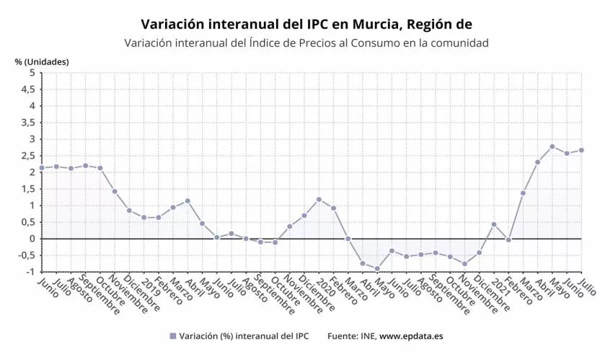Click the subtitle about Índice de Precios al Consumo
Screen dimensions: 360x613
click(x=306, y=43)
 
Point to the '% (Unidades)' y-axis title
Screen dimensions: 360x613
click(x=42, y=61)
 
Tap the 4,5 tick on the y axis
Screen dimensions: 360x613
click(x=27, y=89)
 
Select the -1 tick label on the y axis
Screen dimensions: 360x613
click(x=29, y=272)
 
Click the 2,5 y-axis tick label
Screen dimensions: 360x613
click(x=27, y=156)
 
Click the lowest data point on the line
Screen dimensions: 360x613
click(x=377, y=269)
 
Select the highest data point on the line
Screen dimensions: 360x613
click(x=552, y=146)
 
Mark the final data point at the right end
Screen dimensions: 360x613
click(x=581, y=150)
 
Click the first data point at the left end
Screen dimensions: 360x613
click(x=42, y=168)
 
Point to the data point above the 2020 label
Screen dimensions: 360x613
click(x=319, y=199)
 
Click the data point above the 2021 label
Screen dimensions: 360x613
click(x=494, y=224)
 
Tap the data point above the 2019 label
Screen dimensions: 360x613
click(x=144, y=217)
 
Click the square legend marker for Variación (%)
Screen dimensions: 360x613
click(x=172, y=336)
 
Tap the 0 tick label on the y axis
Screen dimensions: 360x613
click(x=31, y=239)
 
